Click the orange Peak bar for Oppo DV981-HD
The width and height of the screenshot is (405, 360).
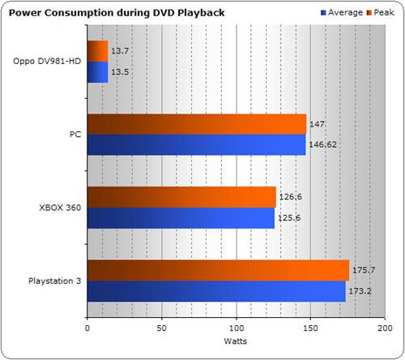pos(98,51)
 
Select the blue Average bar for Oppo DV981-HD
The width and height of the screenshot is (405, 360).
pos(98,72)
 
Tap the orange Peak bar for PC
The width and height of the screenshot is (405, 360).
pos(197,124)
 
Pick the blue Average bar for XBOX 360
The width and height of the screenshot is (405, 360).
pos(181,218)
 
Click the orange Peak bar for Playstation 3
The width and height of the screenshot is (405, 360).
pos(219,271)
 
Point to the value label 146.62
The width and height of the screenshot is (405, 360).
pos(323,145)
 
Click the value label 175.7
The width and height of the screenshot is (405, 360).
pos(364,270)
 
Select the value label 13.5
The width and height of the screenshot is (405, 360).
pos(120,72)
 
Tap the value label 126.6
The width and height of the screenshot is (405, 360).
pos(291,197)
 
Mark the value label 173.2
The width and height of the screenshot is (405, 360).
pos(360,291)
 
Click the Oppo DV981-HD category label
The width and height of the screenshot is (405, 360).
pos(47,62)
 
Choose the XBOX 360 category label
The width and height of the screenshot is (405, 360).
pos(60,208)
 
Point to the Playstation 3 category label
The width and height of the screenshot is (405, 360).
pos(55,281)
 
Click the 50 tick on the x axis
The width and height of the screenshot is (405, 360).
pos(161,328)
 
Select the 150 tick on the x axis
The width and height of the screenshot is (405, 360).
pos(310,328)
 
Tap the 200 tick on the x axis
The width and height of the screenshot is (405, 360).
pos(385,328)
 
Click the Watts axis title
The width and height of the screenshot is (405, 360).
pos(236,341)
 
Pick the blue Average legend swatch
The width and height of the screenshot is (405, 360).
pos(323,13)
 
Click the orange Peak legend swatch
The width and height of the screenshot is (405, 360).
pos(369,13)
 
